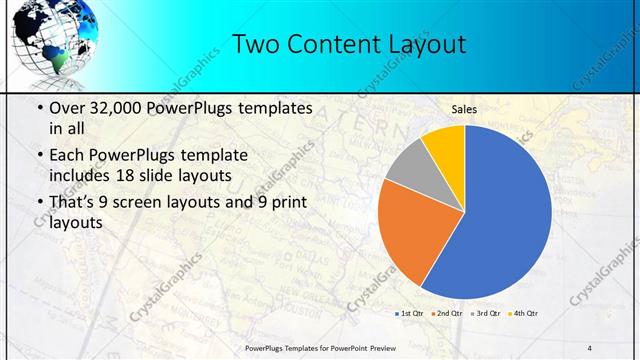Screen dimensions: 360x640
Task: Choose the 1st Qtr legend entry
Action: point(409,314)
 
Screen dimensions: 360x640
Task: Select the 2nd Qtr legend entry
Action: point(447,314)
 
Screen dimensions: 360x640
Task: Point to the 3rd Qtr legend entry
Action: point(485,314)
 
